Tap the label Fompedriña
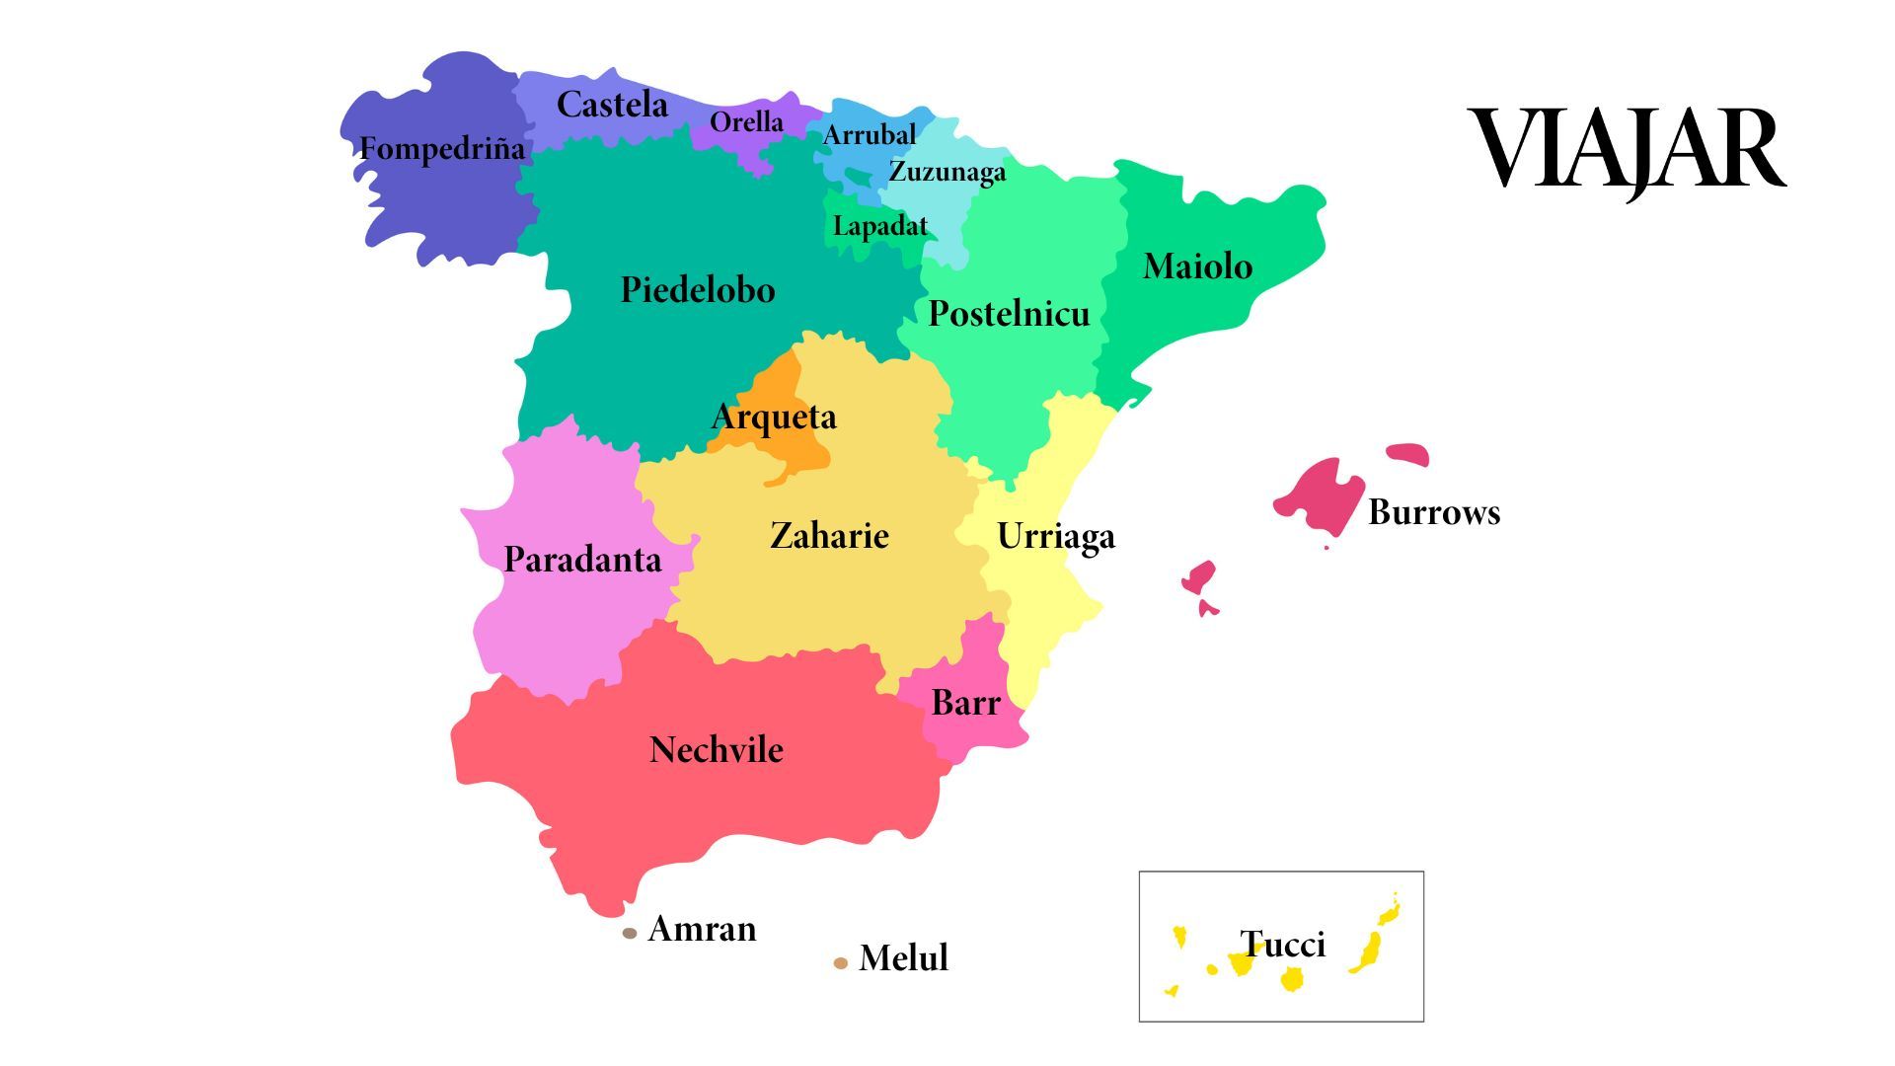441,149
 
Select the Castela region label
612,105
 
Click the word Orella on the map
746,122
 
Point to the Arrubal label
869,135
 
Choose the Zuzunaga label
947,172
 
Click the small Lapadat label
879,226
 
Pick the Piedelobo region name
697,290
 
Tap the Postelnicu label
1009,314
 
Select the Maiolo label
1196,266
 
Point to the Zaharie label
829,536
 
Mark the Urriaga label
1055,536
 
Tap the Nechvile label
716,750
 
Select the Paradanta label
582,560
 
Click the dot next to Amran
630,933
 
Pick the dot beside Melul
840,962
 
